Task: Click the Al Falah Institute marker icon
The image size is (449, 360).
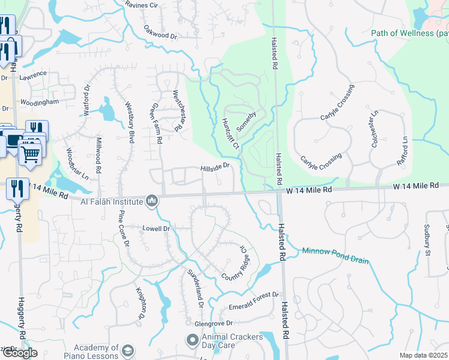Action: tap(152, 200)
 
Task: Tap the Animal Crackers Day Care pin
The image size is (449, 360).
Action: tap(192, 341)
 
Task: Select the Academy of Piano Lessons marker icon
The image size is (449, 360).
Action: tap(128, 350)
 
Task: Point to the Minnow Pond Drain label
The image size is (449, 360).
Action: tap(335, 256)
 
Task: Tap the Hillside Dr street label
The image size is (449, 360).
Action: tap(215, 166)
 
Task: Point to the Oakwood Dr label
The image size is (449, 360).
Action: tap(161, 32)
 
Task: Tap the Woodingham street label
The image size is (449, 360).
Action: tap(39, 102)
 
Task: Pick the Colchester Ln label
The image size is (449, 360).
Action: tap(375, 125)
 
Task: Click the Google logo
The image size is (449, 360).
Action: tap(19, 353)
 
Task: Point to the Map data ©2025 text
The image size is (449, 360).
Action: tap(423, 356)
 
